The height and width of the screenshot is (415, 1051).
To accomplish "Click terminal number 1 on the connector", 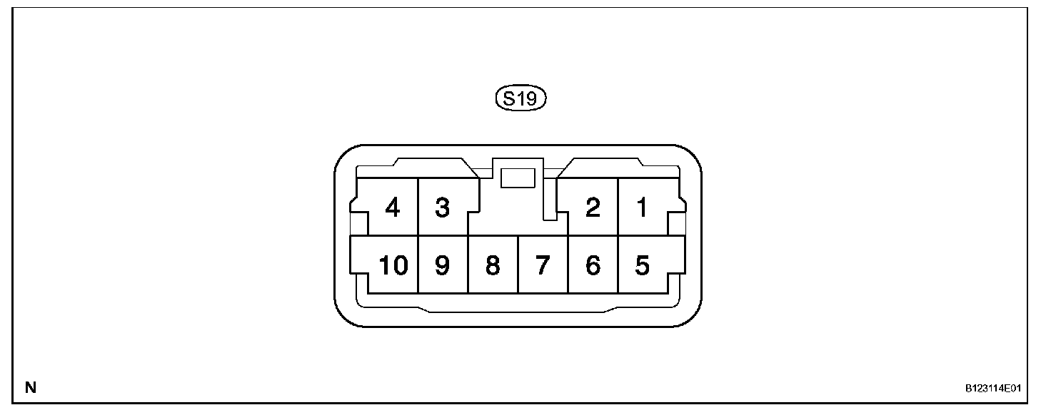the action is coord(642,207).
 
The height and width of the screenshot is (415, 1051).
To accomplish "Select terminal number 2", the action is coord(592,207).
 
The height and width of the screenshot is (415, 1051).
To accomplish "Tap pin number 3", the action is coord(442,207).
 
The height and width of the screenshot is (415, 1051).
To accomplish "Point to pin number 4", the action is coord(392,207).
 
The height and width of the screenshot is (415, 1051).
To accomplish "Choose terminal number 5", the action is coord(642,265).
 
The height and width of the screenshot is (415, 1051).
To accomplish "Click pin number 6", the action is coord(592,265).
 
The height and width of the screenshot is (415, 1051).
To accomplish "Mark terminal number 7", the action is coord(543,265).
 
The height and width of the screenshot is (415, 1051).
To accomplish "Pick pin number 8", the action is coord(492,265).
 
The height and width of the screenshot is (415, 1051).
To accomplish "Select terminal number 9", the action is coord(442,265).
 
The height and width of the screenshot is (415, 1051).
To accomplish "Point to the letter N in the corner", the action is coord(31,389).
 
